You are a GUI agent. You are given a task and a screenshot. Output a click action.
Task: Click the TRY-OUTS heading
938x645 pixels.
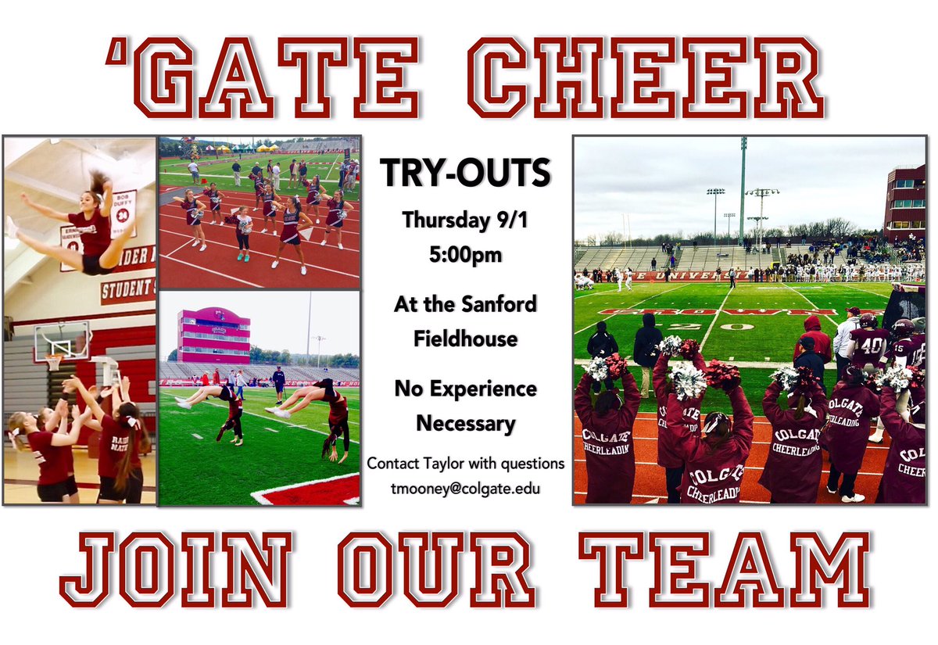click(465, 174)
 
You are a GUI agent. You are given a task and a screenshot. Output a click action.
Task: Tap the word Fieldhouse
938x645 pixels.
click(466, 339)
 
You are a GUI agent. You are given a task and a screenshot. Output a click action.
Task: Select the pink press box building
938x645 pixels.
click(213, 335)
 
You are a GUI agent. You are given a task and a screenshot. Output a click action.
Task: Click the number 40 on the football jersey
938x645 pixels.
click(871, 345)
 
